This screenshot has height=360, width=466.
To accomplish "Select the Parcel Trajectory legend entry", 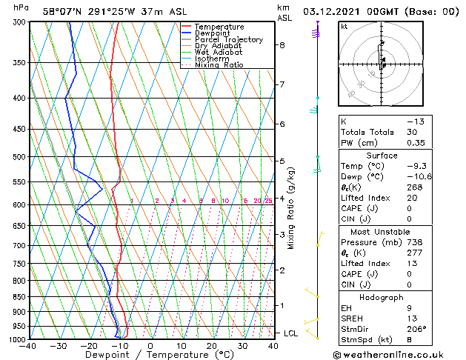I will [228, 40].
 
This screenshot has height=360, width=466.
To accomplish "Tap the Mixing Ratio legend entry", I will [219, 65].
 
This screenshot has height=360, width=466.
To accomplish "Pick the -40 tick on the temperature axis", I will [29, 346].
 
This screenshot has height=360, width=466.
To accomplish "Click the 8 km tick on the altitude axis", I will [282, 45].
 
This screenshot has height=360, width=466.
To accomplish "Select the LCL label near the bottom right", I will [290, 333].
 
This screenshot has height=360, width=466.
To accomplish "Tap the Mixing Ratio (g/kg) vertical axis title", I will [291, 208].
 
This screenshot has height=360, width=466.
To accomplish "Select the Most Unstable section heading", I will [382, 231].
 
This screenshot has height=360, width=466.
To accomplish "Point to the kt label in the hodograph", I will [344, 26].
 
